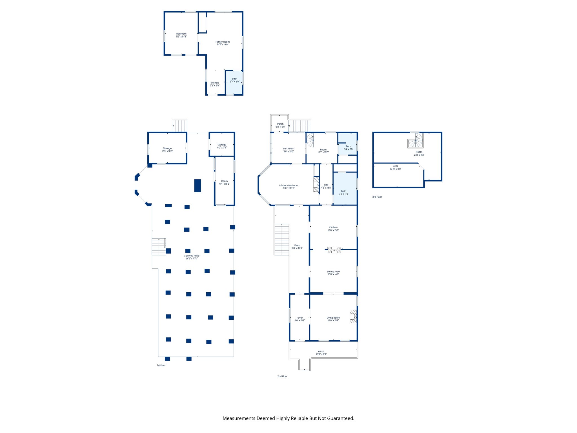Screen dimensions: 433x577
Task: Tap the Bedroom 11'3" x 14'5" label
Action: [181, 35]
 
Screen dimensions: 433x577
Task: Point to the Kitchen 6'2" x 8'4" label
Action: [214, 84]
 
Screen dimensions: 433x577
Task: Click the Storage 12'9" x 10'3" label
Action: [167, 150]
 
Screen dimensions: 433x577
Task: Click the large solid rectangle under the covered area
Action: [197, 185]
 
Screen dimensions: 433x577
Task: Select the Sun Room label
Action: [288, 150]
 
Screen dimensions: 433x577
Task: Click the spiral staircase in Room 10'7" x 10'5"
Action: [310, 140]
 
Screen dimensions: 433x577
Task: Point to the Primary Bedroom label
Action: [289, 187]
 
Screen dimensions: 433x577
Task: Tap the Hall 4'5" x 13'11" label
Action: [326, 186]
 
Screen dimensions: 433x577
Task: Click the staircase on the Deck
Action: [282, 240]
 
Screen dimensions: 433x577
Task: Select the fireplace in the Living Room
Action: [353, 317]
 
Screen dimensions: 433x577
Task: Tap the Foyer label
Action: [299, 319]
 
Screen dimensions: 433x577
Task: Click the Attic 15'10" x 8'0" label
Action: [396, 167]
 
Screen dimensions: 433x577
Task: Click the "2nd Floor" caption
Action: [282, 376]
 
